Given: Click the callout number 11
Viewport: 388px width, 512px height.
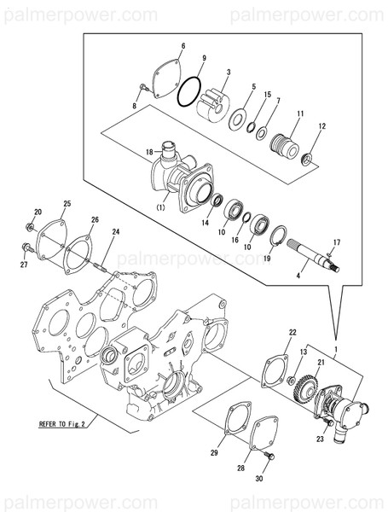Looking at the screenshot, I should click(x=300, y=113).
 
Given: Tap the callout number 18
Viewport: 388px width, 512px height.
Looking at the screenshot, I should click(x=148, y=152).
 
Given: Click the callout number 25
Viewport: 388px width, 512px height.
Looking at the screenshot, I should click(x=67, y=204).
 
